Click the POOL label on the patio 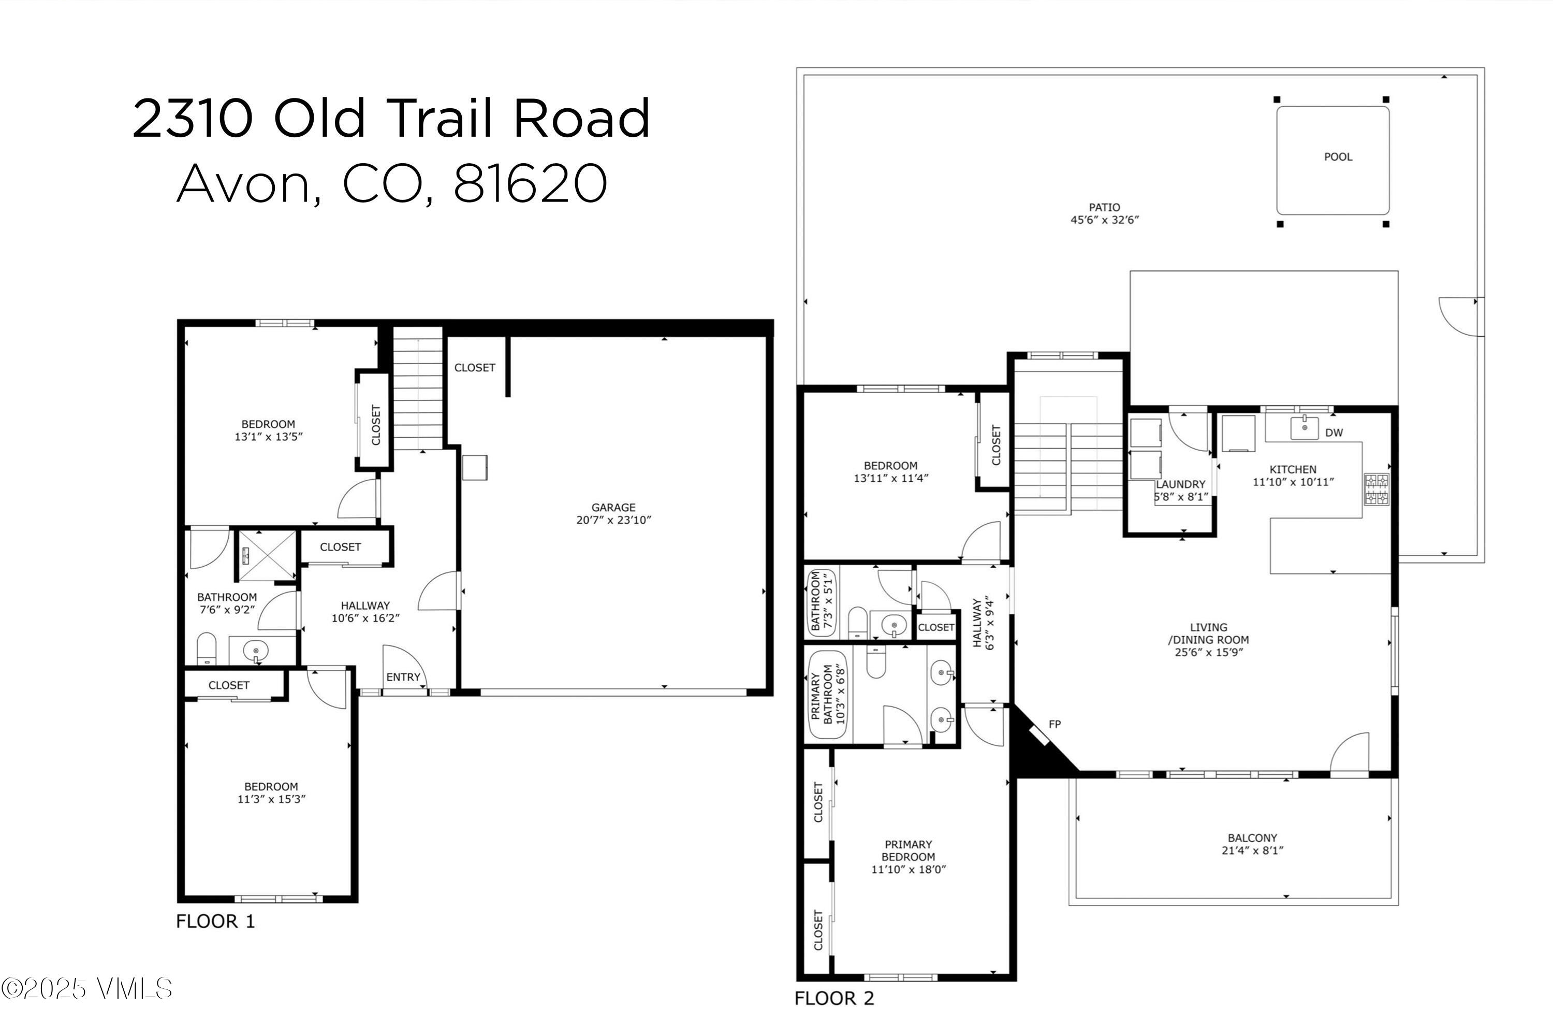(x=1338, y=156)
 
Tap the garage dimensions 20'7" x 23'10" (x=613, y=520)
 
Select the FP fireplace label (x=1054, y=724)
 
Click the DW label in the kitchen (x=1334, y=433)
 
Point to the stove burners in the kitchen (x=1376, y=490)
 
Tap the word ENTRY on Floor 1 (x=403, y=677)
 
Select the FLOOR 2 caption (x=834, y=998)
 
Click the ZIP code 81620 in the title (x=530, y=183)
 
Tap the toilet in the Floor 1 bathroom (x=207, y=649)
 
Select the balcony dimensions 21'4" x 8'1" (x=1252, y=851)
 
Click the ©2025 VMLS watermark (x=86, y=989)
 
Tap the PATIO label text (x=1104, y=208)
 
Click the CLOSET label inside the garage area (x=474, y=367)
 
